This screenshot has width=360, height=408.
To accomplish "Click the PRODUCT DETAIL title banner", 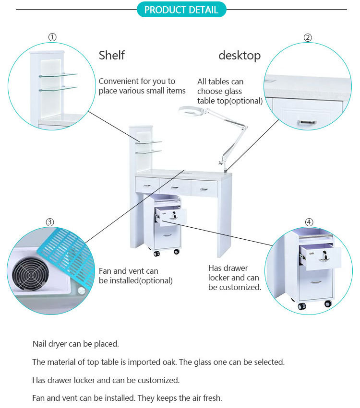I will pos(181,10).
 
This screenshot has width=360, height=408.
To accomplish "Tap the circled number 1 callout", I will pos(53,37).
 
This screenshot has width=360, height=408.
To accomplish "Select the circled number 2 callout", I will pos(308,38).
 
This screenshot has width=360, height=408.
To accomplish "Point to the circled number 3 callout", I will pos(50,221).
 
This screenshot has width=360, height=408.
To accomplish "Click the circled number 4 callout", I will pos(309,222).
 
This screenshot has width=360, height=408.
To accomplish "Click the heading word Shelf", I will pos(111,56).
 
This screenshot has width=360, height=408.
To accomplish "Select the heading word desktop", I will pos(240,56).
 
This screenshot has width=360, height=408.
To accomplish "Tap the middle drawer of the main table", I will pos(175,186).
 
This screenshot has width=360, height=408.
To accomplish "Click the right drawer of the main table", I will pos(204,188).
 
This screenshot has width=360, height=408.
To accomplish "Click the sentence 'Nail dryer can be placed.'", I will pos(75,344).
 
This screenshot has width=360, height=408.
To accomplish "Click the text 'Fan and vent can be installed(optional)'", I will pos(135,276).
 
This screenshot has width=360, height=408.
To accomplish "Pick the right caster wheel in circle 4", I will pos(328,303).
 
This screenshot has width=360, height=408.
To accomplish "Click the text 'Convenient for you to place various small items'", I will pos(142,86).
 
